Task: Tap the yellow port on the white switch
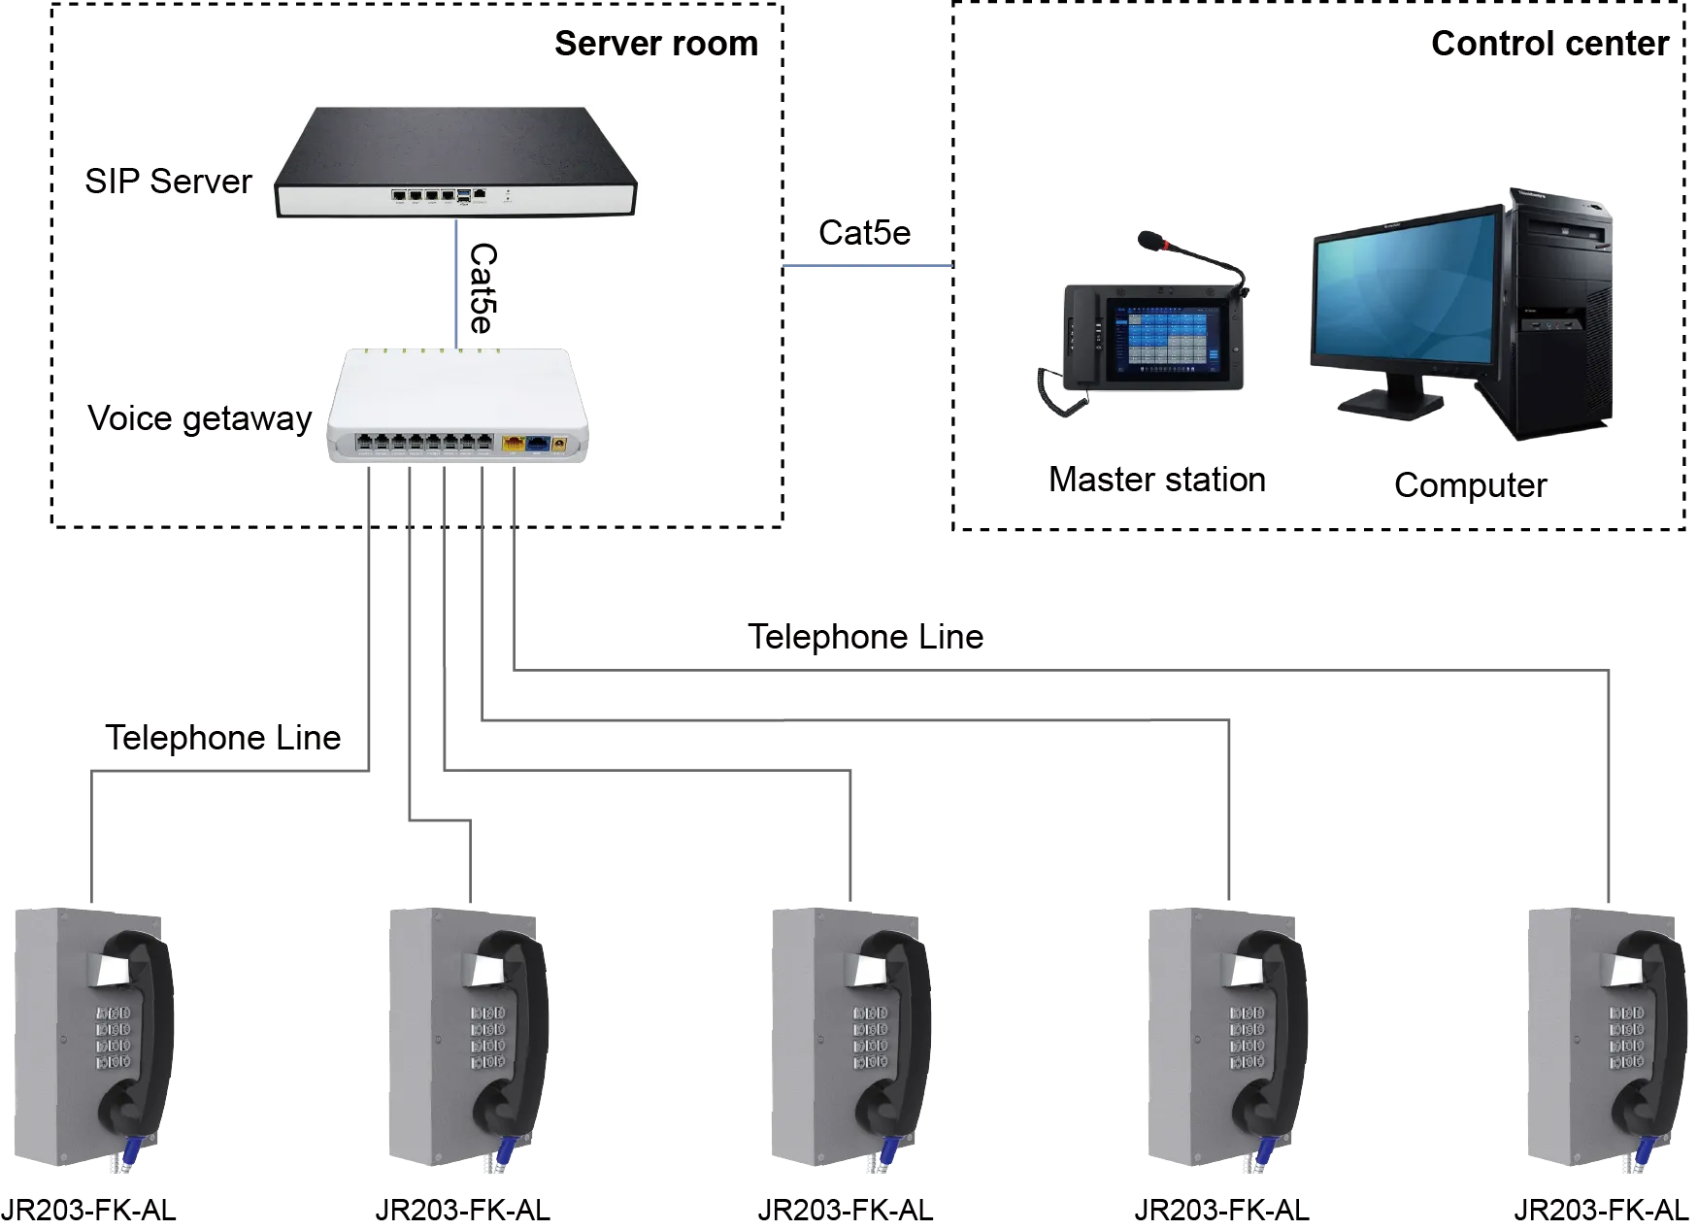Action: (513, 444)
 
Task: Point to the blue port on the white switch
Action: (536, 444)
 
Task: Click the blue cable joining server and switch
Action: (455, 282)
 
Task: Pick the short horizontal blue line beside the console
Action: (868, 267)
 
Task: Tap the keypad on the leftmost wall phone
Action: (113, 1038)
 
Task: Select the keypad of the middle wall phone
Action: (870, 1038)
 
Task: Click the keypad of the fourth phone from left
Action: (1247, 1038)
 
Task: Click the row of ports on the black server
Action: (423, 196)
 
